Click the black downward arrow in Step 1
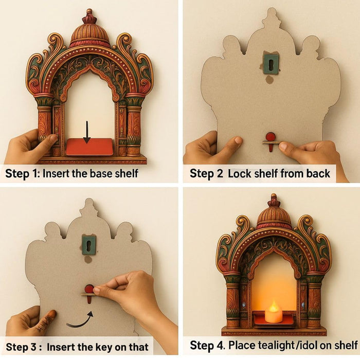[87, 132]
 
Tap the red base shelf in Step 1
[89, 147]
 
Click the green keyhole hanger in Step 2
[270, 63]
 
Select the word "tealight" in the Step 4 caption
[277, 345]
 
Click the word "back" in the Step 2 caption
[315, 173]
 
